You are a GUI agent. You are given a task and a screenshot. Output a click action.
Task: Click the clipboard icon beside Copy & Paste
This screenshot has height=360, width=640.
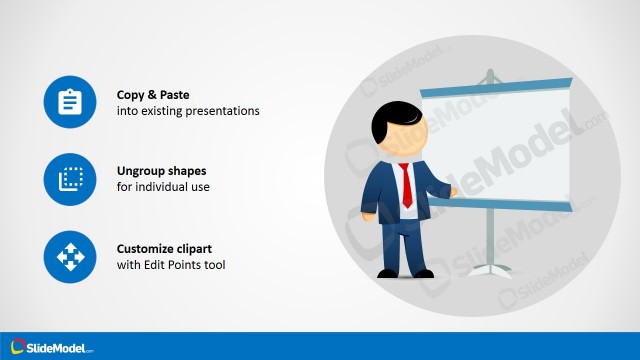69,102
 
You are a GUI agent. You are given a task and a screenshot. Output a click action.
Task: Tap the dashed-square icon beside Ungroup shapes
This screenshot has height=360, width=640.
69,179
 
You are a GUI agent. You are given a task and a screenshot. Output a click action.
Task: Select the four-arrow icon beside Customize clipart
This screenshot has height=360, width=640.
69,257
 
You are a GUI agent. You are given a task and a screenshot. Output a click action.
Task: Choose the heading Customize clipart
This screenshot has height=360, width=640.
165,249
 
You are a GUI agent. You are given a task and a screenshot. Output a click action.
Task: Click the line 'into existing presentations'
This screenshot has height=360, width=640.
188,111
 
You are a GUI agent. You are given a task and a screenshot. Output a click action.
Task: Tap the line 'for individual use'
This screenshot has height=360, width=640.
161,188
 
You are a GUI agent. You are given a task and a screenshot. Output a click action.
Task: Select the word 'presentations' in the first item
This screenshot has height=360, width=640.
226,111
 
